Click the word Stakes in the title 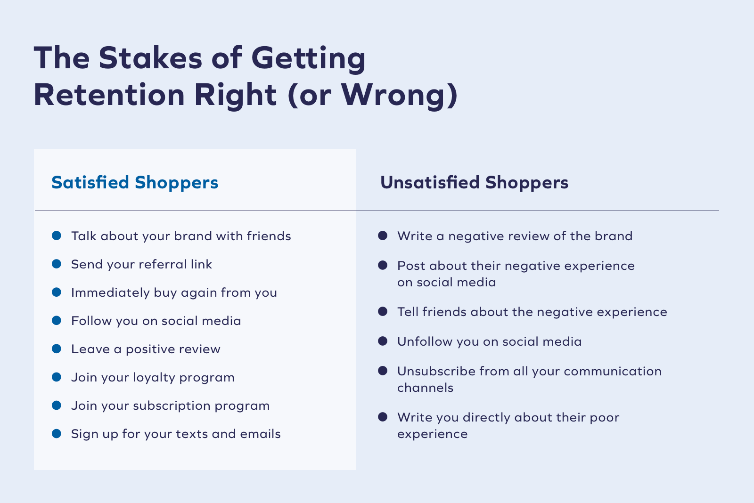pos(150,58)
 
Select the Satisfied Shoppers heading pos(135,183)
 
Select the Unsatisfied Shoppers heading pos(474,183)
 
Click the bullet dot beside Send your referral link pos(57,264)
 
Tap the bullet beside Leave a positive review pos(57,349)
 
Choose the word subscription pos(172,406)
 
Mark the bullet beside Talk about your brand pos(57,235)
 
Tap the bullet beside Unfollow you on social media pos(383,341)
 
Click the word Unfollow pos(425,341)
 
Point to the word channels pos(426,388)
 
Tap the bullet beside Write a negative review pos(383,235)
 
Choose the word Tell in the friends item pos(408,312)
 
